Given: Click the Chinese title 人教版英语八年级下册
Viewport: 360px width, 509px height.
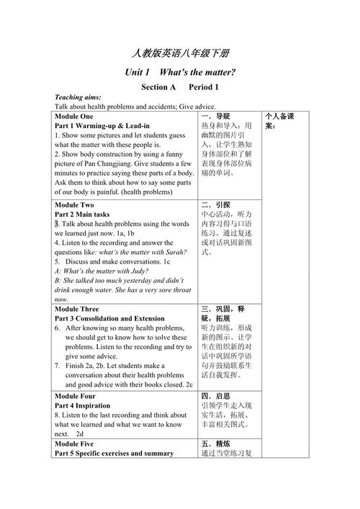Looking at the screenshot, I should pos(180,54).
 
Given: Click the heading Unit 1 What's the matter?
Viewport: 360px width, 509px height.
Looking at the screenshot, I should pos(180,73).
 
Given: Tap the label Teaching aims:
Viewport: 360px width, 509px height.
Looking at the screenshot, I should pos(78,97).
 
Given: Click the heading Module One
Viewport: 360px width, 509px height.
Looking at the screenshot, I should pos(74,116).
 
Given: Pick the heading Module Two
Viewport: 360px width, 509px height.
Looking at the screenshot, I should pos(74,204).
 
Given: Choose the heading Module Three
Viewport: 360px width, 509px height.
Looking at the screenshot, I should pos(77,309).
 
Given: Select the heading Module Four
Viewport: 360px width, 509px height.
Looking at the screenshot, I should pos(76,395).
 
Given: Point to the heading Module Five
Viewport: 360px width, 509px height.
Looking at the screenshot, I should pos(75,443).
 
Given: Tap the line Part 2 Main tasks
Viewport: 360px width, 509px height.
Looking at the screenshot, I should pos(82,214).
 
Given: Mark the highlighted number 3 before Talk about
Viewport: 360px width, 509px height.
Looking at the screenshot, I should pos(57,224).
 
